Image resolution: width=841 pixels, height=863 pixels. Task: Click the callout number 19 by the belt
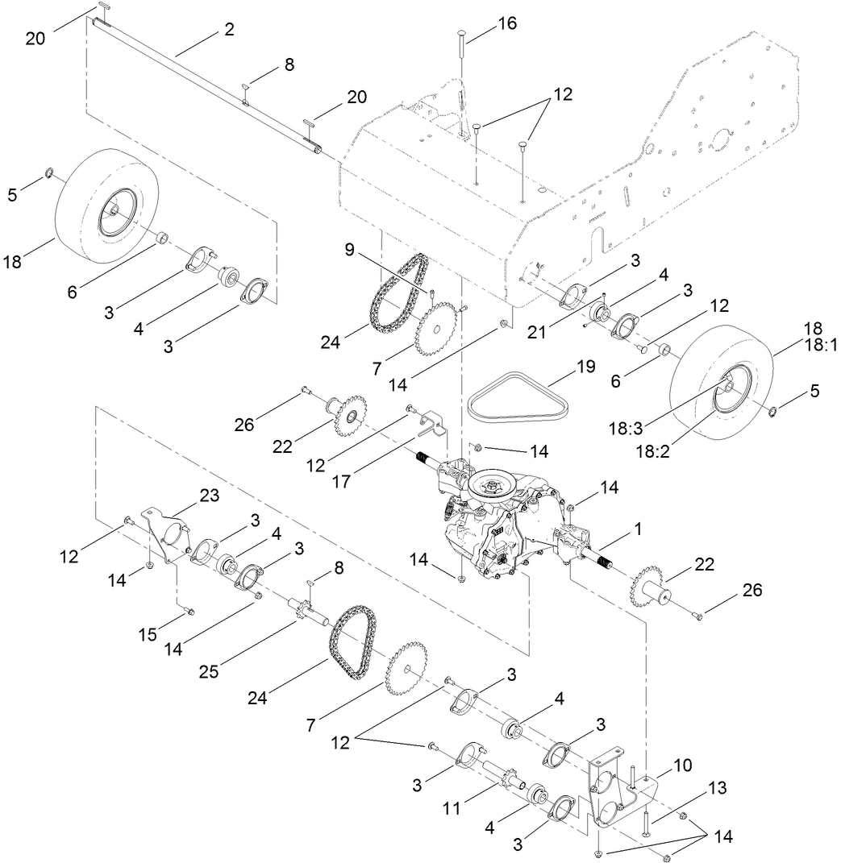tap(585, 367)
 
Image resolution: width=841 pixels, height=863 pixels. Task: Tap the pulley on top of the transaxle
tap(492, 485)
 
